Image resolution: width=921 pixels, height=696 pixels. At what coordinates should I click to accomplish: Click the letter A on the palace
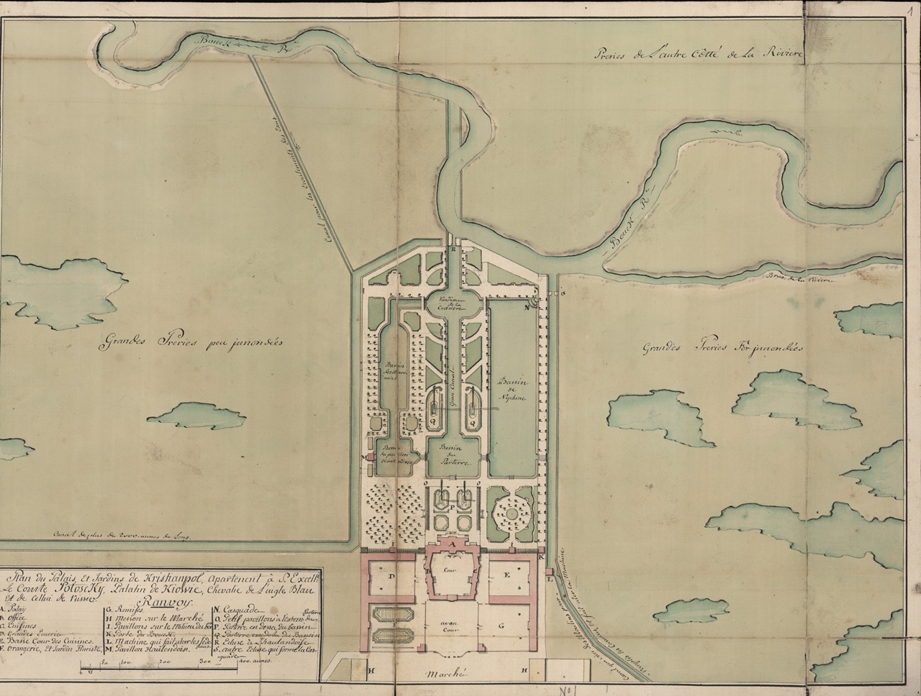coord(452,544)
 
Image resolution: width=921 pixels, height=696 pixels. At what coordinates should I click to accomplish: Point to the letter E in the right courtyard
coord(508,576)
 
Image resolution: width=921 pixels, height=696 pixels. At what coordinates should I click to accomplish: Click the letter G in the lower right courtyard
coord(508,626)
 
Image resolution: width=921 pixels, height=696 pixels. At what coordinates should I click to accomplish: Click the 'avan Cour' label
coord(453,626)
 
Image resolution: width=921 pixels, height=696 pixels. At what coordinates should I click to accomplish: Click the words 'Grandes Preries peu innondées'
coord(190,344)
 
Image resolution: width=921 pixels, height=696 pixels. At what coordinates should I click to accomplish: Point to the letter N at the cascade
coord(526,306)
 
